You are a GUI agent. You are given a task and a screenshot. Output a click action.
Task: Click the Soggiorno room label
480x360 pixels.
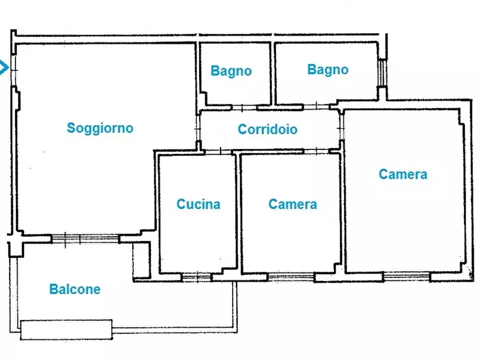(99, 128)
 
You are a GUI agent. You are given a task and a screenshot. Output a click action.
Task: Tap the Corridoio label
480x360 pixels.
(267, 129)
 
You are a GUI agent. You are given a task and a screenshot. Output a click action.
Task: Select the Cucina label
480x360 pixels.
(198, 204)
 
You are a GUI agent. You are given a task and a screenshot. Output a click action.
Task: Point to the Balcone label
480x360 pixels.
(75, 289)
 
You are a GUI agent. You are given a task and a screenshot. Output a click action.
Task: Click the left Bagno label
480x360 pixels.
(231, 71)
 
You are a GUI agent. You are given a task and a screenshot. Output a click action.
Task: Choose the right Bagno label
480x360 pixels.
(327, 69)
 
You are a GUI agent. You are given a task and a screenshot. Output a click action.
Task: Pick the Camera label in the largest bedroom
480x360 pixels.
(403, 174)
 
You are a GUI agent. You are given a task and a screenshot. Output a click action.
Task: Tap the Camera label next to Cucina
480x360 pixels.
(292, 204)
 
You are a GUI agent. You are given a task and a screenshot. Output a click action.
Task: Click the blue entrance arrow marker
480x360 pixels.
(4, 68)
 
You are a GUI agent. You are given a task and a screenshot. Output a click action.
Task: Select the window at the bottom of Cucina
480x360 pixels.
(196, 277)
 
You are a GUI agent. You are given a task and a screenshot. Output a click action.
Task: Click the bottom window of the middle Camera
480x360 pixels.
(291, 277)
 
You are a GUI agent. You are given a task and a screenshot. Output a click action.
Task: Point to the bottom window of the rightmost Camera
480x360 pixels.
(406, 277)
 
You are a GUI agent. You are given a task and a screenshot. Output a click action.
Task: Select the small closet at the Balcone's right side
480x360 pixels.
(142, 261)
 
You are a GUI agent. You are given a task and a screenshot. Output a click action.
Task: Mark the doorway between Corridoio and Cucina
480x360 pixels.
(217, 152)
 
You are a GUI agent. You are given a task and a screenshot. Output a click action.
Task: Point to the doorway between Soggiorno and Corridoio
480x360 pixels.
(198, 128)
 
